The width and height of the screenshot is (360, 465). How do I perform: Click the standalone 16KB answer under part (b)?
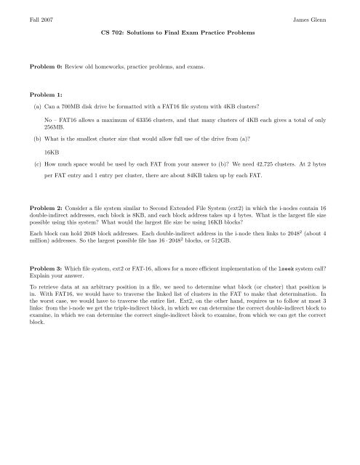coord(52,153)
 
